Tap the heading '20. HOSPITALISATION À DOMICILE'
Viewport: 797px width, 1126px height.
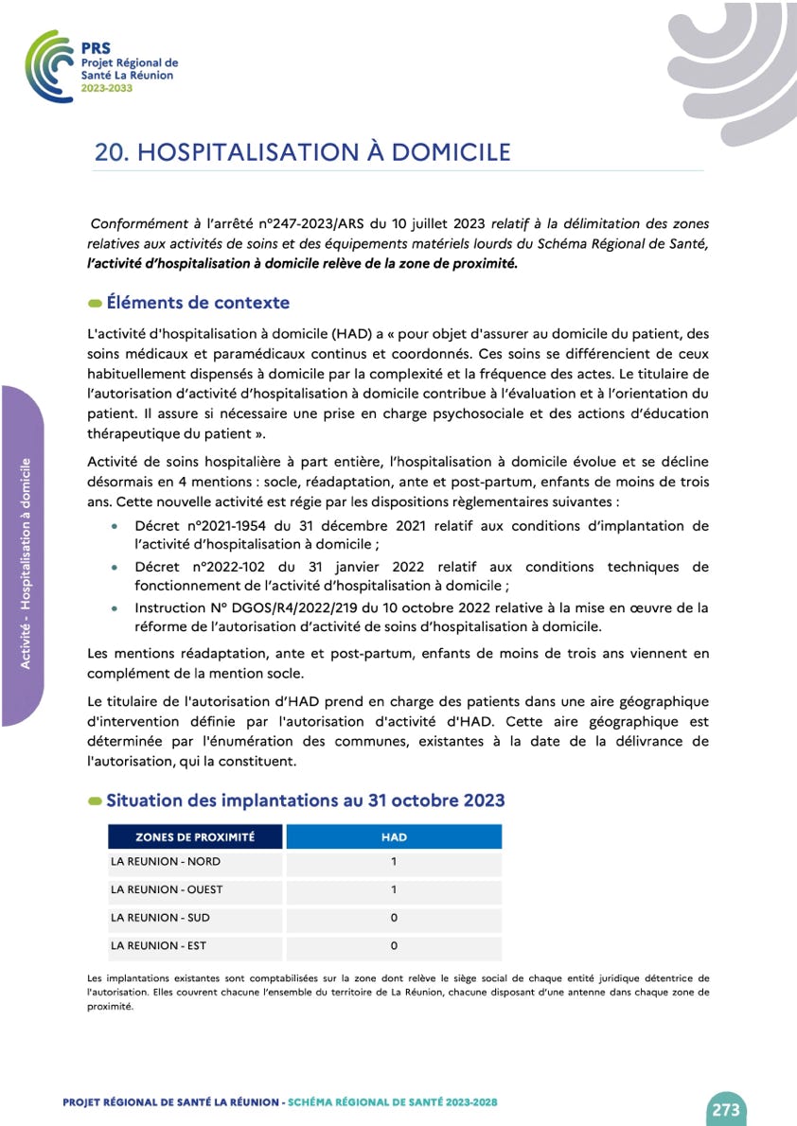[x=302, y=152]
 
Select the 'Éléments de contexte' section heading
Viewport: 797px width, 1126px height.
[x=198, y=303]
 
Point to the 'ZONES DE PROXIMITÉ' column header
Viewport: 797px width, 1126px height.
[x=195, y=836]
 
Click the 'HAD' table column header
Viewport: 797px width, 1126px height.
[x=394, y=836]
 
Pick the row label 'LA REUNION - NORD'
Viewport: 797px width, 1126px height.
[x=165, y=862]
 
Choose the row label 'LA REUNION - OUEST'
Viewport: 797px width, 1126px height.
[x=168, y=889]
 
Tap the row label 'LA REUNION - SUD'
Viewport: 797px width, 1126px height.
[x=160, y=918]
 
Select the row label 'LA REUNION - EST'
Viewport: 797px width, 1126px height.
[x=158, y=945]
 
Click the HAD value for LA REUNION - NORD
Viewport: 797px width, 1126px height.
[x=394, y=862]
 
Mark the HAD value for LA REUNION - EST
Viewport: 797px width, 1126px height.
[x=394, y=945]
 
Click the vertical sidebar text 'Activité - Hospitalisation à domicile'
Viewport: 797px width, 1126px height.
[x=26, y=563]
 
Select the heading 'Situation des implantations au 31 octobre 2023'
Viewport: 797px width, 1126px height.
[x=305, y=801]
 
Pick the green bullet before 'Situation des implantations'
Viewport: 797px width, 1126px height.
[x=95, y=801]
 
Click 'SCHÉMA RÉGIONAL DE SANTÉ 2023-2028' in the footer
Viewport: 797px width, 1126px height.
[x=392, y=1102]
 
